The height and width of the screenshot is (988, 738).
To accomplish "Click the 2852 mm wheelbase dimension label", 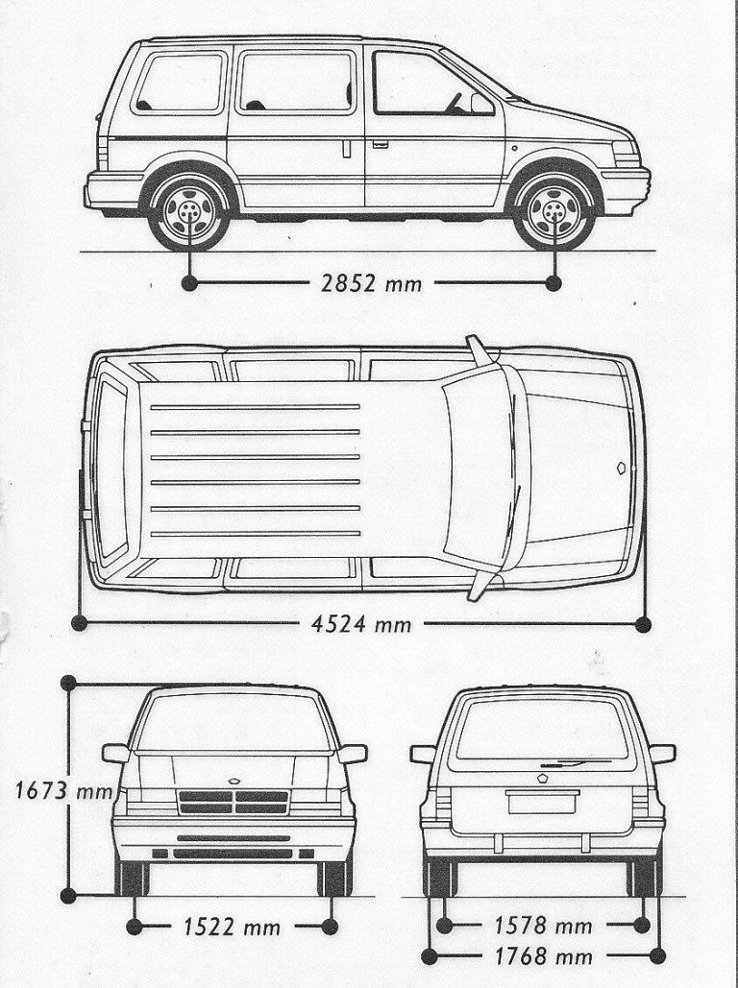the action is (x=371, y=283).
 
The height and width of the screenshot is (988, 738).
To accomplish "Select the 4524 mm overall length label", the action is (x=361, y=624).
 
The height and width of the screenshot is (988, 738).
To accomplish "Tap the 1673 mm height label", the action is (x=63, y=790).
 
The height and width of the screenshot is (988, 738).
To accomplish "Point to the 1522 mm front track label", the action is (x=232, y=927).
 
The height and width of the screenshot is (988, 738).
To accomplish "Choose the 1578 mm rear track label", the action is (x=543, y=926).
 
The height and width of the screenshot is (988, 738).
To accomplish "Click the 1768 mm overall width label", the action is (x=543, y=956).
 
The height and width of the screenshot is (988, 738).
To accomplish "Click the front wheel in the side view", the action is (x=554, y=211).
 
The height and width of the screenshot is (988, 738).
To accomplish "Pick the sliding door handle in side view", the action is (x=346, y=150).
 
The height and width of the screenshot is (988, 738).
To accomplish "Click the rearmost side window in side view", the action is (x=180, y=83).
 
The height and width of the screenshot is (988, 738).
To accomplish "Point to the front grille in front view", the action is (x=234, y=802).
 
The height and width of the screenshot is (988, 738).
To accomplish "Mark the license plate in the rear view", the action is (x=542, y=803).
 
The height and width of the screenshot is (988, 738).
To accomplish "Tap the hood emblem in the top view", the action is (x=622, y=468).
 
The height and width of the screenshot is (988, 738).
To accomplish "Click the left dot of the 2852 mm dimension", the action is (x=189, y=283).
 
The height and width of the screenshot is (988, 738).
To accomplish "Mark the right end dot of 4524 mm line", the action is (x=644, y=624).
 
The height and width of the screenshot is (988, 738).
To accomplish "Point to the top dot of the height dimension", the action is (x=68, y=683).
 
